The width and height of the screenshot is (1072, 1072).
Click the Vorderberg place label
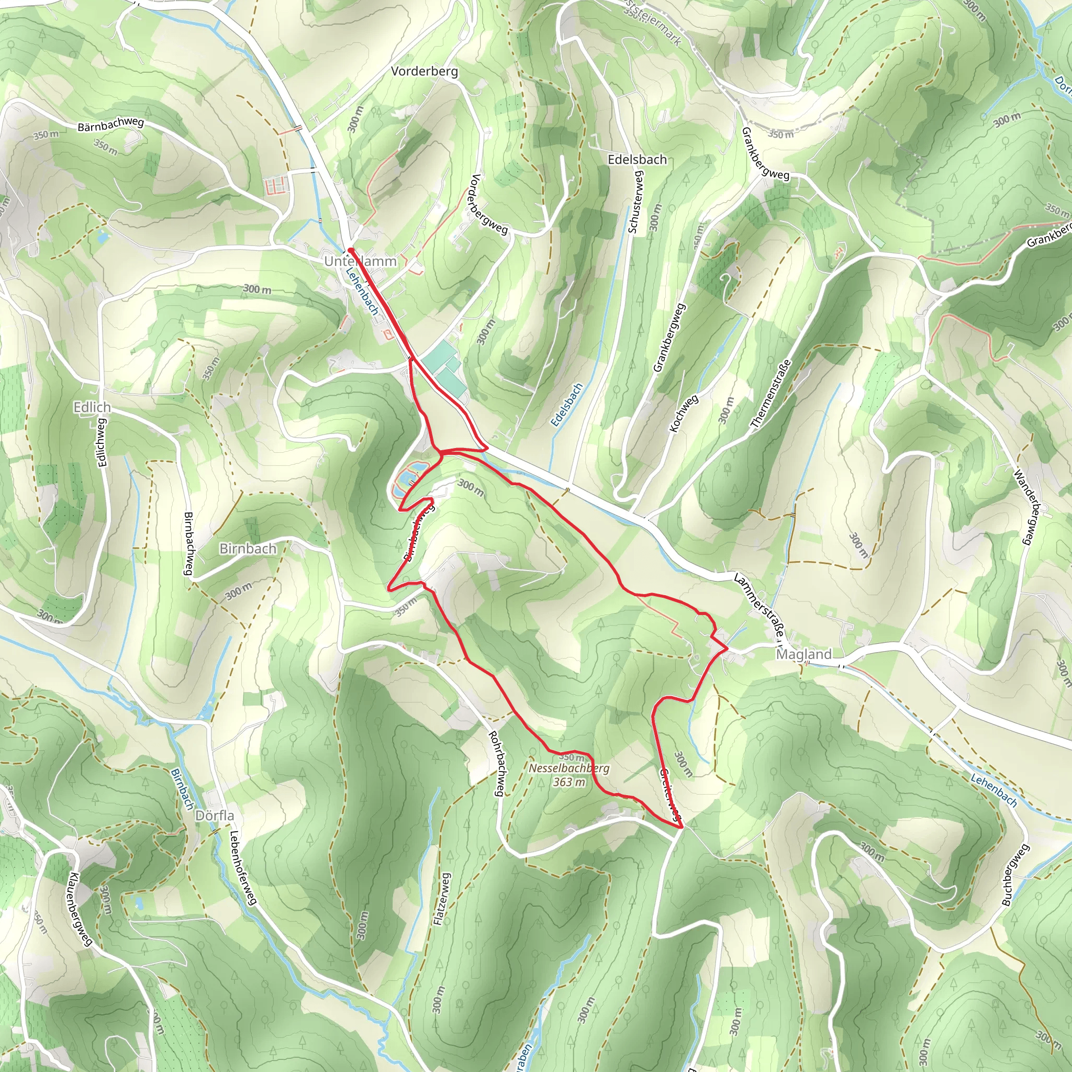click(425, 71)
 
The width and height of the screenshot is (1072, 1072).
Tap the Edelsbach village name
click(637, 159)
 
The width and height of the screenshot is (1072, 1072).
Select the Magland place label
click(803, 654)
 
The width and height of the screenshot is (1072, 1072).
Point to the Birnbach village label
click(248, 548)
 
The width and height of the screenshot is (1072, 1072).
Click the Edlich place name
click(92, 407)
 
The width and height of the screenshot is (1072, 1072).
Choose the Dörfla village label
click(215, 816)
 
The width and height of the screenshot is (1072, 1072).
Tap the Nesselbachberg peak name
click(569, 768)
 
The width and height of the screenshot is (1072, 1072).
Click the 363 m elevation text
click(569, 783)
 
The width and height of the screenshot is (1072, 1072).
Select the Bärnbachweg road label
click(110, 123)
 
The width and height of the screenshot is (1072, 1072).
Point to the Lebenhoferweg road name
click(242, 868)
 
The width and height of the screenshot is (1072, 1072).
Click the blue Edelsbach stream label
click(566, 405)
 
